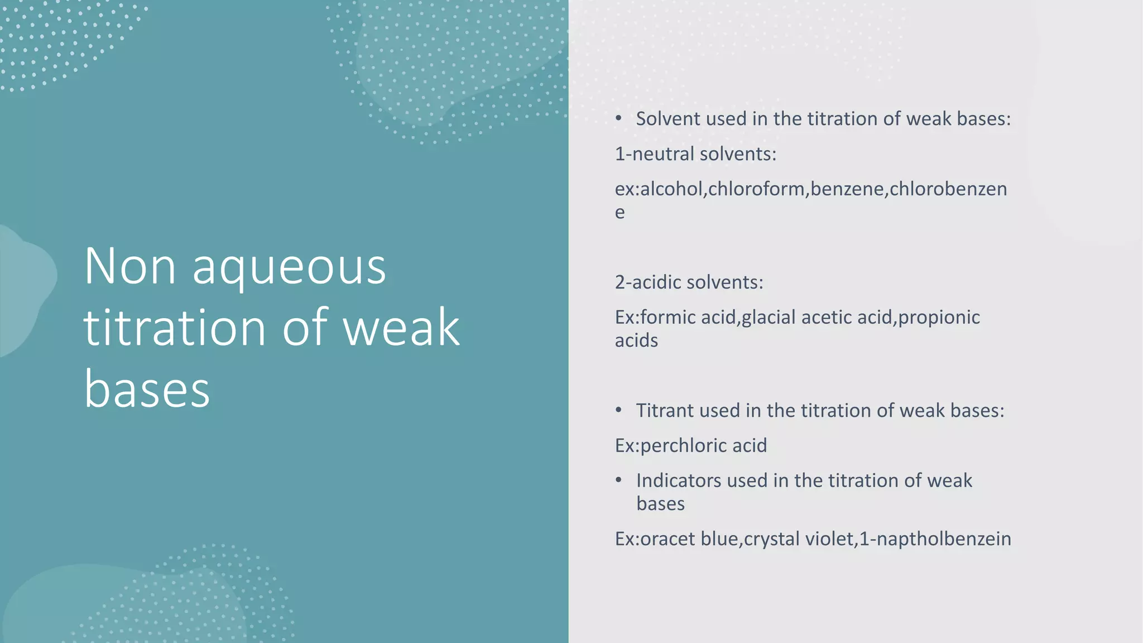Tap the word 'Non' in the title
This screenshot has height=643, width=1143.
130,267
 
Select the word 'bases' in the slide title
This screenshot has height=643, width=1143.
147,389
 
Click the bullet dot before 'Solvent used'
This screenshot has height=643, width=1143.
618,118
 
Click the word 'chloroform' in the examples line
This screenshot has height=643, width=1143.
757,189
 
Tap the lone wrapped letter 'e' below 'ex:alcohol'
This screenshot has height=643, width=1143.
619,213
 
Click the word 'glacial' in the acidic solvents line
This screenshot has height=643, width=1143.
768,318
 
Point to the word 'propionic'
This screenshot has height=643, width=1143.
939,318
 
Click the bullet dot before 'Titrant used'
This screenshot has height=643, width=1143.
618,410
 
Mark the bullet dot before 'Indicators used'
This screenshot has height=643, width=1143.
618,480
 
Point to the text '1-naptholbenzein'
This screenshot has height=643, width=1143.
935,539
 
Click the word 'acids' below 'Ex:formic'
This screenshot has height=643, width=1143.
636,340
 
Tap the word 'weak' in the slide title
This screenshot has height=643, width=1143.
401,328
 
